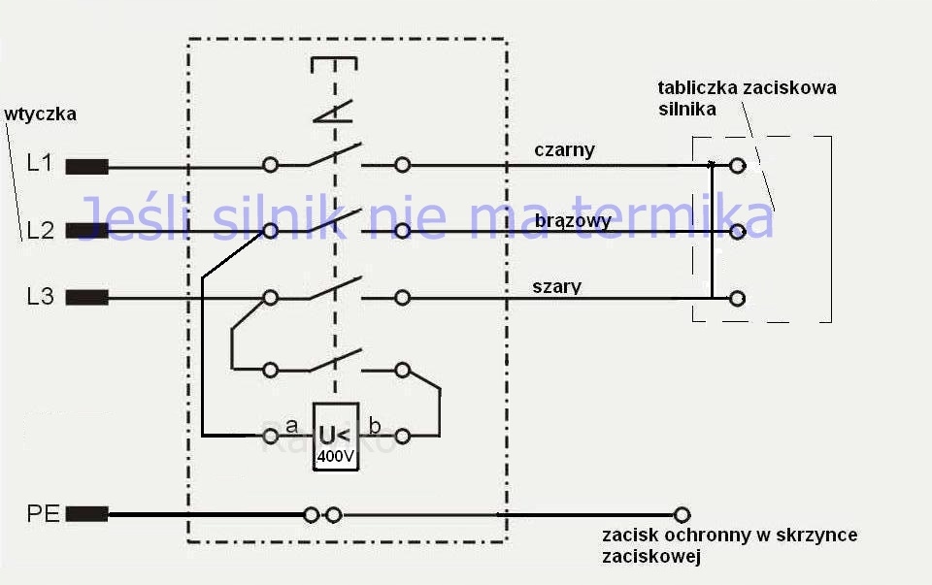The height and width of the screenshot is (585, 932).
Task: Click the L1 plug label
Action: click(40, 163)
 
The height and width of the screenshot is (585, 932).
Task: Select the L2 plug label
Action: click(40, 231)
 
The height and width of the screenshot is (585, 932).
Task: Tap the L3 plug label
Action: click(40, 297)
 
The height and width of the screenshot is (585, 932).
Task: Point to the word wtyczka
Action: click(41, 114)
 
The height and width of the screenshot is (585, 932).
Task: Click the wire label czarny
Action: click(564, 150)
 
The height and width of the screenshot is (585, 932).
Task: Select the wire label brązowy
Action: click(573, 221)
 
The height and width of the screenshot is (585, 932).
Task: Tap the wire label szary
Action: click(557, 286)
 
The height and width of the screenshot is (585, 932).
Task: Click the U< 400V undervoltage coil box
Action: click(336, 436)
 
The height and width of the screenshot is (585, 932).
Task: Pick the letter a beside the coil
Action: click(291, 425)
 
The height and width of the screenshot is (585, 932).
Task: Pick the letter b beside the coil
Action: click(375, 425)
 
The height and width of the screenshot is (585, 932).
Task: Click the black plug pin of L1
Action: click(86, 166)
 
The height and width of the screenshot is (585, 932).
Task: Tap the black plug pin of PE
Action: click(86, 514)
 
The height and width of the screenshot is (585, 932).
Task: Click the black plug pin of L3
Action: click(86, 298)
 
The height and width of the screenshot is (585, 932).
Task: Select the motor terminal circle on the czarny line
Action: click(738, 166)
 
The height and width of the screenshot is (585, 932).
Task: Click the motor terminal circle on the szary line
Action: click(738, 298)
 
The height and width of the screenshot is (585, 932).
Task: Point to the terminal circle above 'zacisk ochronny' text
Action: click(682, 514)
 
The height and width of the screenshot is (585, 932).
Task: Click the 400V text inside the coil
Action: click(336, 455)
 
